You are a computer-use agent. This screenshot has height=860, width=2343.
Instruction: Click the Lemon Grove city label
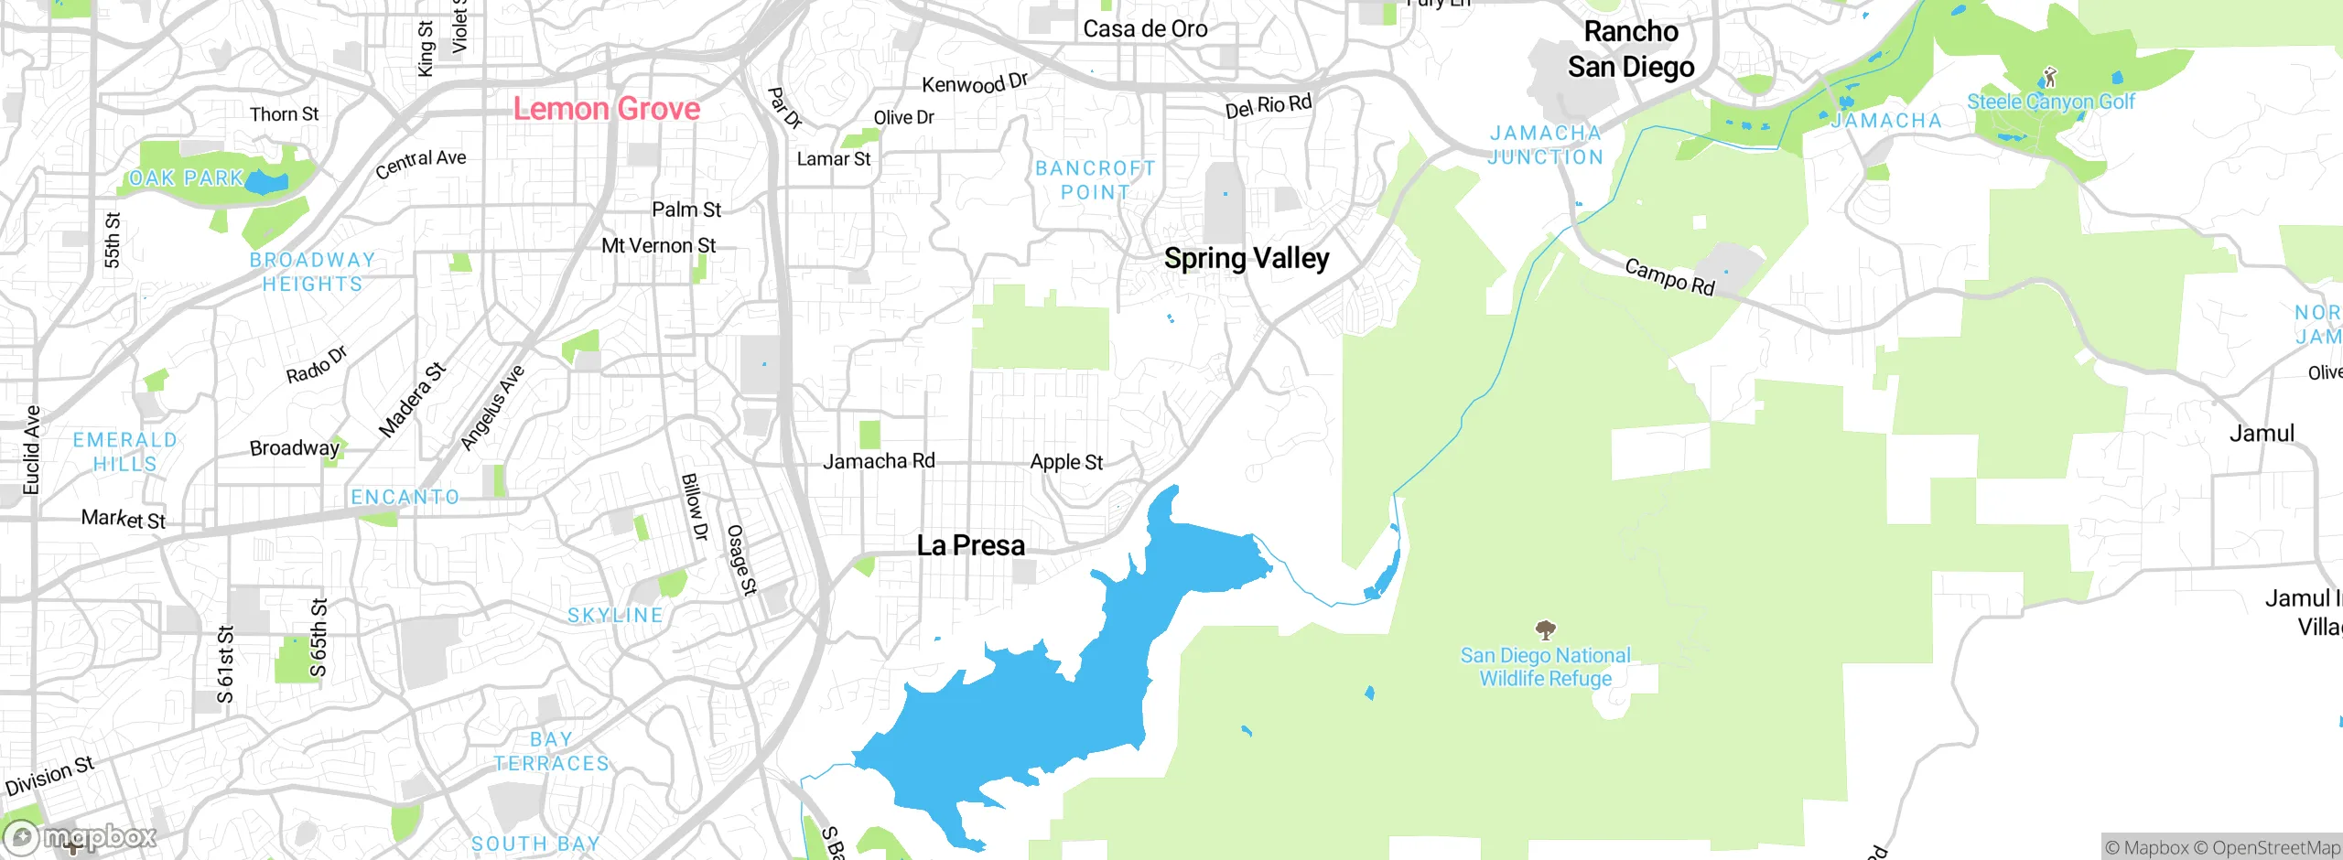click(x=606, y=109)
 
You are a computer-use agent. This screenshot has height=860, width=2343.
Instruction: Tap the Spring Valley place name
click(x=1246, y=259)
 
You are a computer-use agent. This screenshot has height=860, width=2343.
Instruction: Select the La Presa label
click(x=970, y=546)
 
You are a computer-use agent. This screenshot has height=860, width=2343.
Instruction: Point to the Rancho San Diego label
click(x=1631, y=49)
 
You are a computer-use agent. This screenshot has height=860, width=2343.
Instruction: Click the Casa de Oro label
click(x=1145, y=29)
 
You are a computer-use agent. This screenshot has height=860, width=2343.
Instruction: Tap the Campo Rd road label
click(x=1669, y=276)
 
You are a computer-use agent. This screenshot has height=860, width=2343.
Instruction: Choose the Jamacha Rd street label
click(x=879, y=461)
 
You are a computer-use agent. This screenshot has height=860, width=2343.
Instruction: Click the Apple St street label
click(x=1066, y=462)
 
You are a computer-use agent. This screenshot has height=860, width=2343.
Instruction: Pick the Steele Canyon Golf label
click(x=2050, y=102)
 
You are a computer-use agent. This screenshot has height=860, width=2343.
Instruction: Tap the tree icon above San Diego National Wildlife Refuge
click(x=1546, y=629)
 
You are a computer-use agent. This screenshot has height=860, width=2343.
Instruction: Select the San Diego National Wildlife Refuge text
click(x=1545, y=667)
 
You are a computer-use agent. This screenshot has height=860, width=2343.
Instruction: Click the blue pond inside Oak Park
click(x=266, y=182)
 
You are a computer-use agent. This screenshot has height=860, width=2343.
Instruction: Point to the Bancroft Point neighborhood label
click(x=1095, y=180)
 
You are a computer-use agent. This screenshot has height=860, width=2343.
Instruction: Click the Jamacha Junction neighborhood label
click(x=1545, y=145)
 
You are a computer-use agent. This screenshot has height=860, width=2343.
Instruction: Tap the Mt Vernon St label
click(x=658, y=246)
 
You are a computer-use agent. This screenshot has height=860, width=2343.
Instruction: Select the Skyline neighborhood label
click(x=615, y=616)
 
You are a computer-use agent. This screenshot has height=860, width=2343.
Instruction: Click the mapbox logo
click(x=81, y=836)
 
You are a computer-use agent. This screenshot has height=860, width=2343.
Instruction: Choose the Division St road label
click(x=49, y=776)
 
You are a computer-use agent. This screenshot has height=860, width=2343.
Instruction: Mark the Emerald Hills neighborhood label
click(x=124, y=452)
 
